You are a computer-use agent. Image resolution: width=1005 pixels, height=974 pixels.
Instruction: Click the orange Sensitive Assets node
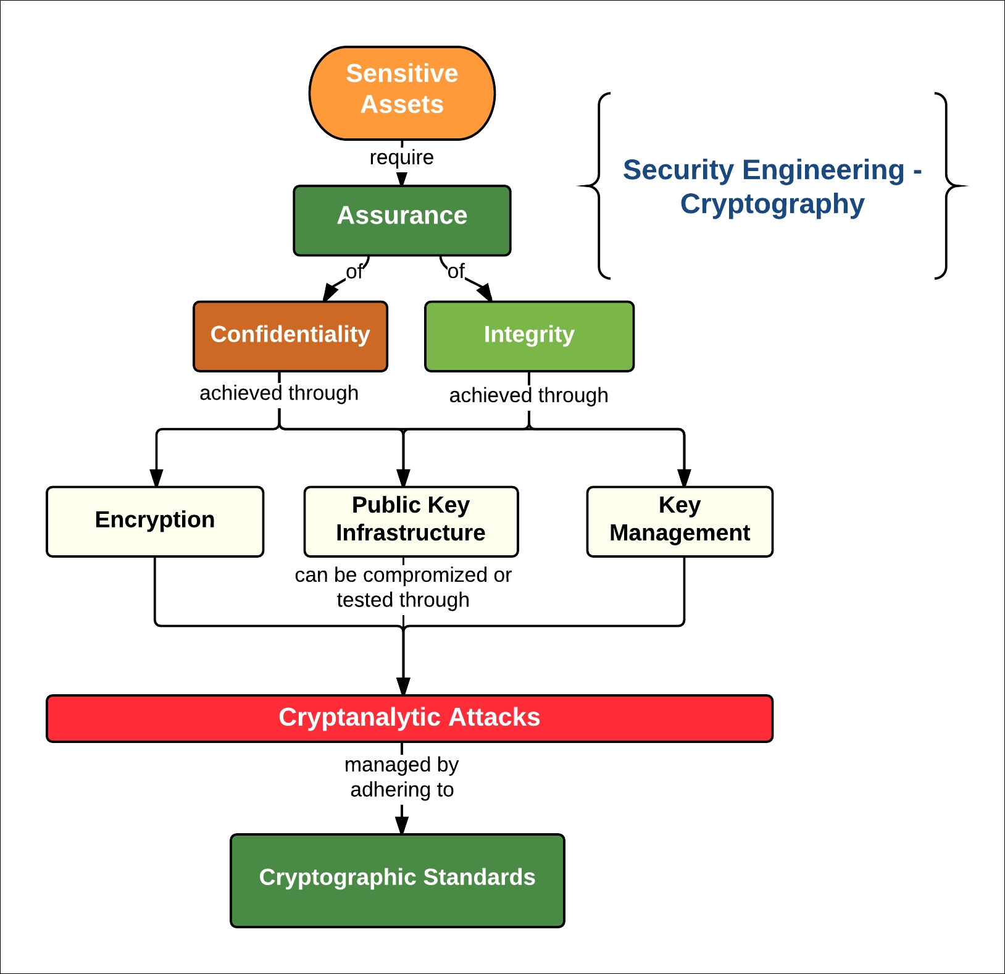402,93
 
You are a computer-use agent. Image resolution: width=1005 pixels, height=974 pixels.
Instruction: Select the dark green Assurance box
402,220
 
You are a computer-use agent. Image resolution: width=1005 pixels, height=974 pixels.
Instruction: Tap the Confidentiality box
290,336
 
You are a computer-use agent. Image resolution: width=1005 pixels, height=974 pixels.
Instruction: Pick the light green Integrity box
529,336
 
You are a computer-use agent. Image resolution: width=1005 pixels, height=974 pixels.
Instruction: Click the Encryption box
155,521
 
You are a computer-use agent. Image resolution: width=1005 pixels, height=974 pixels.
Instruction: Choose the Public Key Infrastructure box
411,521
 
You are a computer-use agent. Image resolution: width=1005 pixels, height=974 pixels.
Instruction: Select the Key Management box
680,521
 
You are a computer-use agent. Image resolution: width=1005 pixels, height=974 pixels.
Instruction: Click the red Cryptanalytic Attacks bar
409,718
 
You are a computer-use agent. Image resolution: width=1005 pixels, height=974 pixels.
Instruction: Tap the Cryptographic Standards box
397,880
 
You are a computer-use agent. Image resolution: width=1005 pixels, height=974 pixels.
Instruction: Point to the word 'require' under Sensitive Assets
402,157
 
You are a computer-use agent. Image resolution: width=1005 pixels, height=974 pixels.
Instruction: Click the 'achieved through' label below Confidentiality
279,393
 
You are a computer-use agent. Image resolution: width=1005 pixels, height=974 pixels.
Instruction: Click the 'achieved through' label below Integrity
529,395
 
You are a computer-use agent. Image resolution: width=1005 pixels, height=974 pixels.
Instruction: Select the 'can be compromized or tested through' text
403,587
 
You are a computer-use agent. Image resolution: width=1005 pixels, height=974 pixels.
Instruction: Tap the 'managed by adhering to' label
402,777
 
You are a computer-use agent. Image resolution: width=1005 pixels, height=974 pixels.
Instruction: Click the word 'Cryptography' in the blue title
772,204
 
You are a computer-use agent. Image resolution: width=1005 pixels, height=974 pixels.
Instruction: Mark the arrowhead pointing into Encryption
157,478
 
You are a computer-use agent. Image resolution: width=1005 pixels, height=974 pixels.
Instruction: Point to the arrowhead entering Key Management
684,478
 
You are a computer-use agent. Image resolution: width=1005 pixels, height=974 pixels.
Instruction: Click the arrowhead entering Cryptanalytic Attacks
403,686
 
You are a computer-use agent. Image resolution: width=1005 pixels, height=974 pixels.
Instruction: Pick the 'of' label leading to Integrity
456,271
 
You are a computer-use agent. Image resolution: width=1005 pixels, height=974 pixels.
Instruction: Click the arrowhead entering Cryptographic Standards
402,825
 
